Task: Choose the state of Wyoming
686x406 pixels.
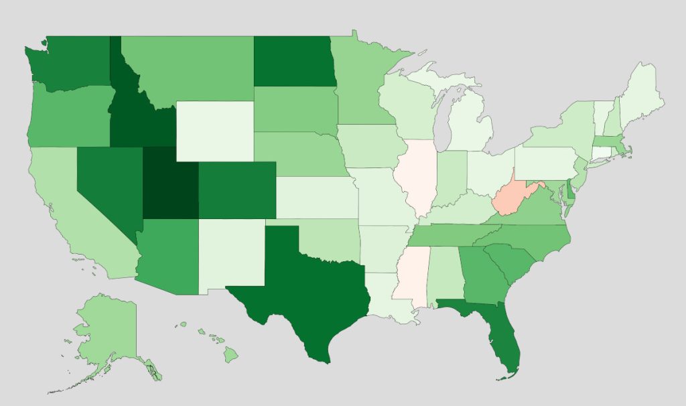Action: [215, 131]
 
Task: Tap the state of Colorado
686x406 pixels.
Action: [236, 190]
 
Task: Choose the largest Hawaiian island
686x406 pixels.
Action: [230, 354]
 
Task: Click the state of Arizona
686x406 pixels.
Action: [167, 258]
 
